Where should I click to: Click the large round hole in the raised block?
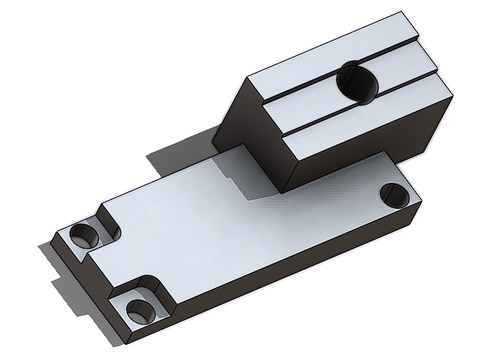[x=358, y=82]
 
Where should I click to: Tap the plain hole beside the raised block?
[x=395, y=195]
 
